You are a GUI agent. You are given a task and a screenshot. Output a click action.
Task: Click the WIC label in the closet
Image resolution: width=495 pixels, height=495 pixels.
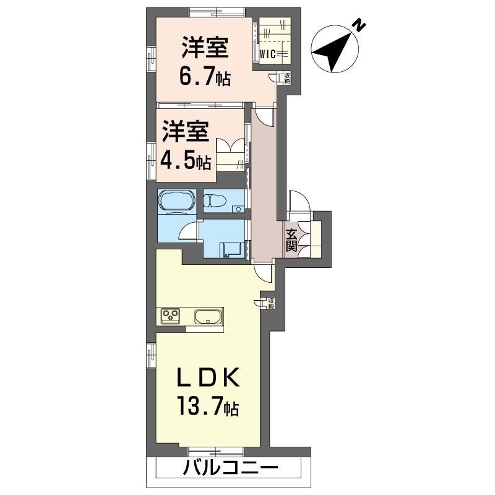point(267,53)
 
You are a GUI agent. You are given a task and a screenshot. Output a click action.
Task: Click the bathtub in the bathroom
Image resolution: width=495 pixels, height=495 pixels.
point(177,200)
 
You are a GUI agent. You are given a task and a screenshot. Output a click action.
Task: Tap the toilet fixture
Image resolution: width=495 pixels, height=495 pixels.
point(217,201)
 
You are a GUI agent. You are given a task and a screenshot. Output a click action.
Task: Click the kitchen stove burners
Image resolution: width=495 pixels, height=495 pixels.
point(171,316)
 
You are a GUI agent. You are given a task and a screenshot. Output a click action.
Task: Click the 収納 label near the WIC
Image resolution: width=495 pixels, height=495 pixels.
point(287,78)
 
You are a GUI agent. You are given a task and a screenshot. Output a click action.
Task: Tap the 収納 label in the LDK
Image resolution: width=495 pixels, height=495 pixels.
point(271,303)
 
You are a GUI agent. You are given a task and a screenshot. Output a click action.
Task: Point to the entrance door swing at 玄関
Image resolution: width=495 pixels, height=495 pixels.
point(298,200)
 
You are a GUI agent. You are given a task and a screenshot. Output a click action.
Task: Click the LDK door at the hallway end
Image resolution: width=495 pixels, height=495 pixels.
point(263,270)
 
